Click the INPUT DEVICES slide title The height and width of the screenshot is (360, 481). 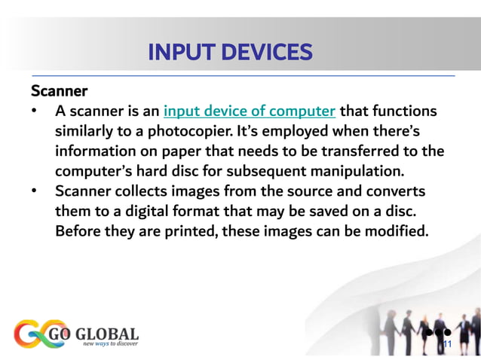click(229, 53)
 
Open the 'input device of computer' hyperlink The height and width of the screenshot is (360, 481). click(250, 112)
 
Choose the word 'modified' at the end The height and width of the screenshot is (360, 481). click(397, 230)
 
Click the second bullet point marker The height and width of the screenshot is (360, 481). click(35, 191)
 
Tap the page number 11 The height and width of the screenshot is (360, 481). click(446, 346)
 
